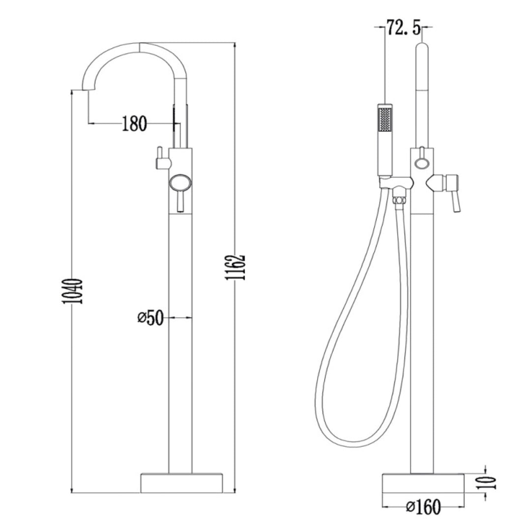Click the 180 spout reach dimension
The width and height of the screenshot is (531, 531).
[134, 123]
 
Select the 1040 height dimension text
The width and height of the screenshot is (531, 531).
[73, 291]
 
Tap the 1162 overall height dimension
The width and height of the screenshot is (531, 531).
[236, 267]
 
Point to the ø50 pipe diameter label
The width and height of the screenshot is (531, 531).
[151, 318]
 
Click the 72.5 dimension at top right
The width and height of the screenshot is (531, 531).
[404, 28]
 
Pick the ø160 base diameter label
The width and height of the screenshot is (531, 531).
[424, 506]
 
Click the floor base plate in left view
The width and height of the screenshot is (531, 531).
[182, 483]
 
